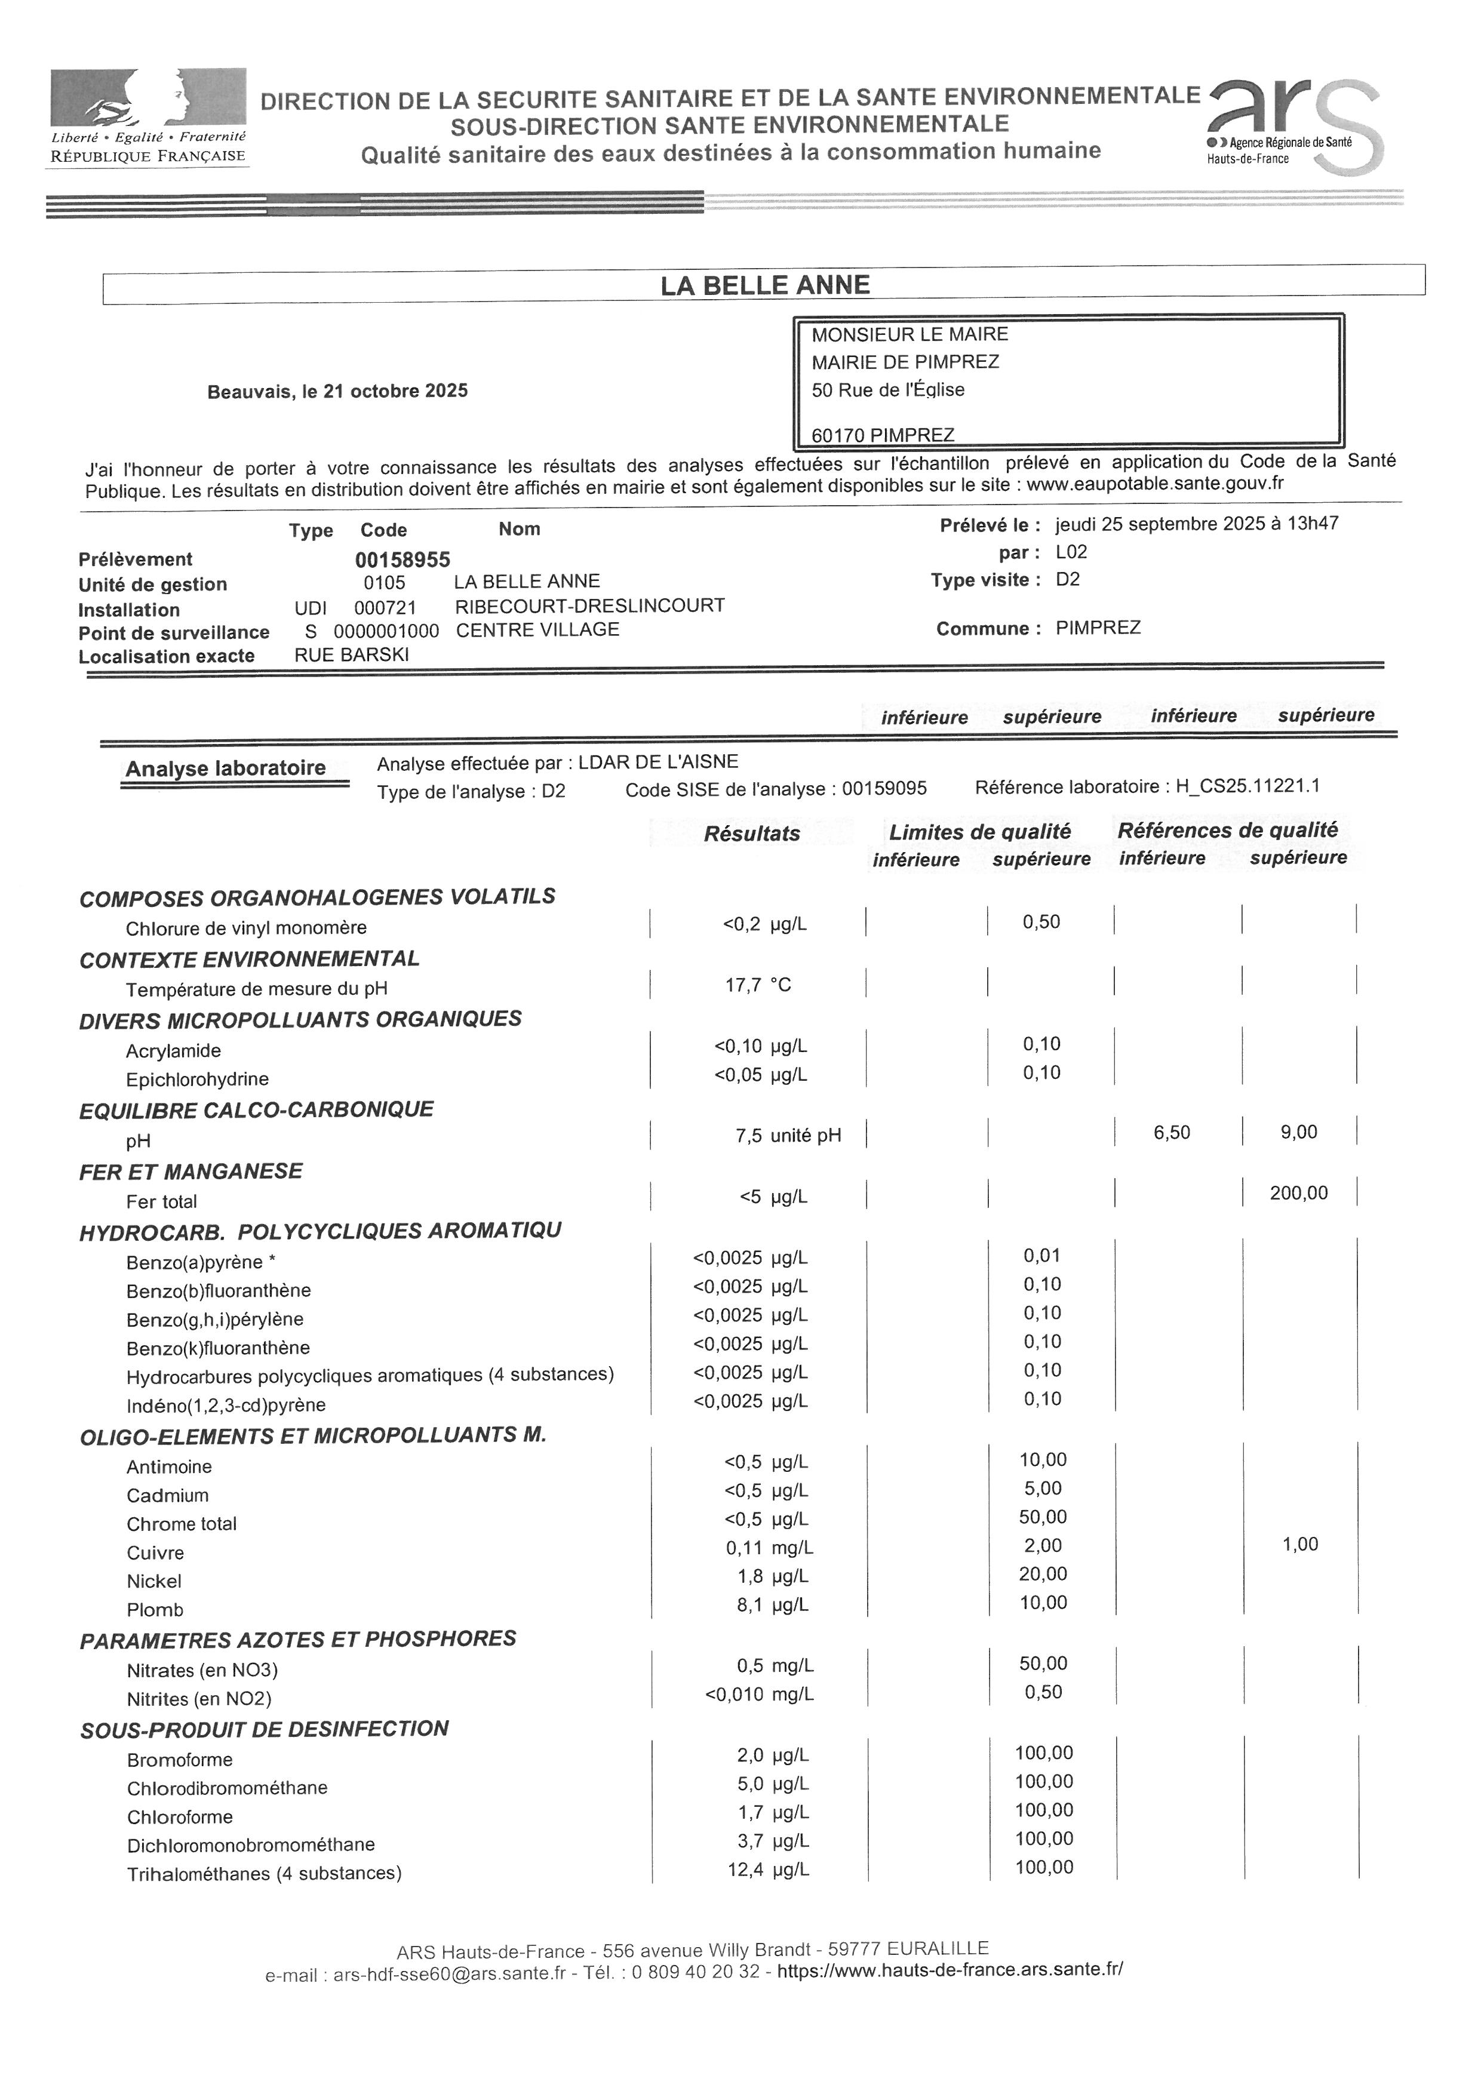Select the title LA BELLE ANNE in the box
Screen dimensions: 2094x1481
(x=764, y=285)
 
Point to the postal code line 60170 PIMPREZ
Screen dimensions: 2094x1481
(x=883, y=435)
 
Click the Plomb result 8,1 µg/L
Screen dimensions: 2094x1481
(x=772, y=1604)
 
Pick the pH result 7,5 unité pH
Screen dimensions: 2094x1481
(x=788, y=1136)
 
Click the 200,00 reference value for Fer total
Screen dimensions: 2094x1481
(x=1299, y=1193)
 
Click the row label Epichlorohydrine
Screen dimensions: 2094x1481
(x=197, y=1079)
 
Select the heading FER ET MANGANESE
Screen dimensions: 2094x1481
(x=190, y=1171)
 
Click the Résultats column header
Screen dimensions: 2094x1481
(x=751, y=833)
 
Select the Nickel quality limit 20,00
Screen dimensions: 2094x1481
(x=1043, y=1573)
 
